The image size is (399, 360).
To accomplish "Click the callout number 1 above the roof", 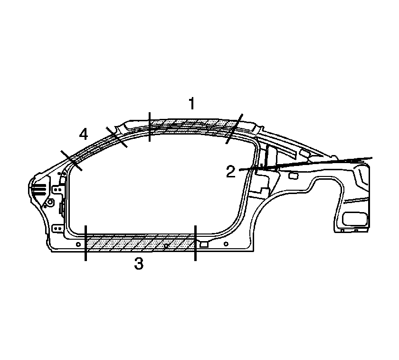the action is (191, 103).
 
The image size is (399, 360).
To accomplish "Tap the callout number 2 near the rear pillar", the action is (231, 172).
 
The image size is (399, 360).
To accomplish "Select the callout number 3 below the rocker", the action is (139, 263).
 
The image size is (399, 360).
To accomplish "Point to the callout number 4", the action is (84, 134).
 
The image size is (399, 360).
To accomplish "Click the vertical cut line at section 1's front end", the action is (149, 126).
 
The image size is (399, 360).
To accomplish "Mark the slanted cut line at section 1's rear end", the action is (234, 129).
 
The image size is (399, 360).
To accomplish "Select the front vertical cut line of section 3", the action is (86, 243).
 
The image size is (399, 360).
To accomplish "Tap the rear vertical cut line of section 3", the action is (195, 243).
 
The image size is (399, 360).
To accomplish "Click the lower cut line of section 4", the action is (71, 161).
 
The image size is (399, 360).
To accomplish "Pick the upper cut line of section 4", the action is (116, 137).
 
